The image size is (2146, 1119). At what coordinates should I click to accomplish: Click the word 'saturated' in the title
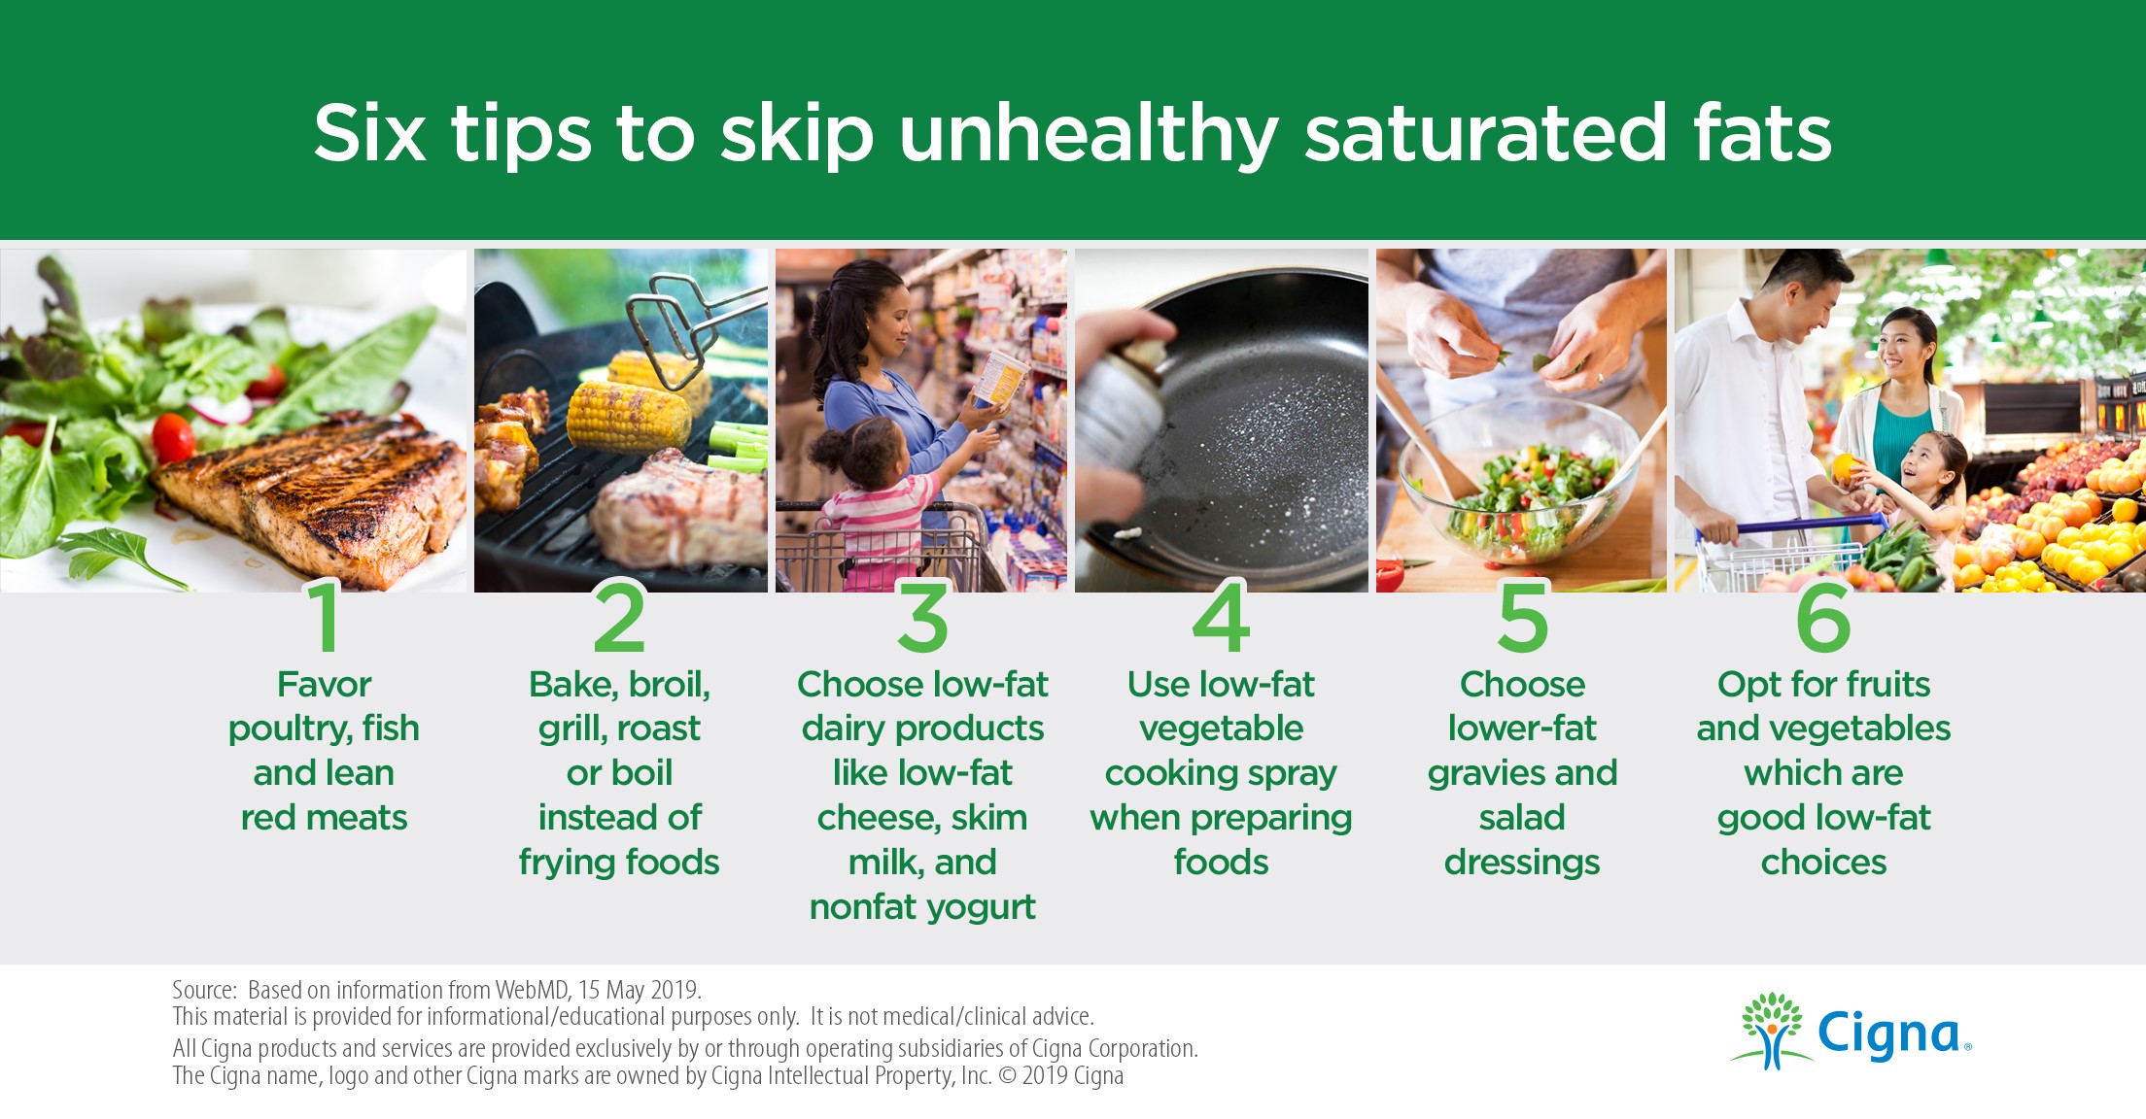(1486, 133)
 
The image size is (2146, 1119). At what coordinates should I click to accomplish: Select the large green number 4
(1221, 617)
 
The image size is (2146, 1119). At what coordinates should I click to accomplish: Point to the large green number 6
(1823, 617)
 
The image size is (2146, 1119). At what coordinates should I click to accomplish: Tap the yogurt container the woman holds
(1000, 379)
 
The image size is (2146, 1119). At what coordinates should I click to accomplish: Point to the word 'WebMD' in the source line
(532, 990)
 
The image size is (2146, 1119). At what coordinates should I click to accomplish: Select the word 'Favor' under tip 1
(325, 684)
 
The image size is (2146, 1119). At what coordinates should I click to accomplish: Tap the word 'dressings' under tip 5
(1522, 864)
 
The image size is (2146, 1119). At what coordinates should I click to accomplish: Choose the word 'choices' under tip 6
(1823, 862)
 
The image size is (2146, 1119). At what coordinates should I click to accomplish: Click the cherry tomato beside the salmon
(173, 437)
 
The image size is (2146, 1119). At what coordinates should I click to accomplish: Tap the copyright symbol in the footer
(1007, 1076)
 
